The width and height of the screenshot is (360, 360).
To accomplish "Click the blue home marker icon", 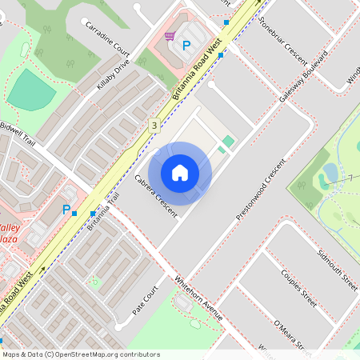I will coord(180,173).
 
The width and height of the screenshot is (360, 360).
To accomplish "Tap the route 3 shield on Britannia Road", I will coord(154,126).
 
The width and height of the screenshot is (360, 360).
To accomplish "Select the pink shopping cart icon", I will coord(170,36).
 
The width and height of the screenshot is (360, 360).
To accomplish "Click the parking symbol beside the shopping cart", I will coord(186,46).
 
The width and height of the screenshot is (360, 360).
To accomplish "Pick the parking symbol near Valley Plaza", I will coord(66,210).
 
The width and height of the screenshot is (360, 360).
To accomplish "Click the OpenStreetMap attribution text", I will coord(80,354).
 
